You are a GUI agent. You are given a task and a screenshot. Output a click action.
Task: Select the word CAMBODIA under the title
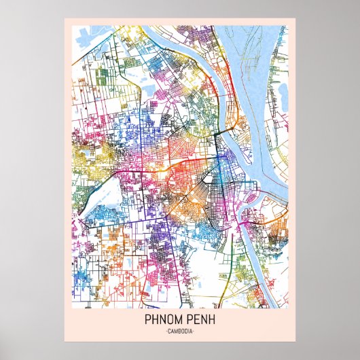coord(180,331)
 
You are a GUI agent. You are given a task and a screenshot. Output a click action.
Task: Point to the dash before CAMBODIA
coord(165,331)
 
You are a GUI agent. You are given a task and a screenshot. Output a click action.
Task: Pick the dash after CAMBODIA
coord(194,331)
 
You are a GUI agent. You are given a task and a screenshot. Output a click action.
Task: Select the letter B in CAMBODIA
coord(179,331)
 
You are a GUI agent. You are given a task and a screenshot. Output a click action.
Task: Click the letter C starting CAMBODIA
coord(168,331)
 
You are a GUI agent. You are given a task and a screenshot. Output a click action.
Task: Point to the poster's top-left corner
coord(65,18)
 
